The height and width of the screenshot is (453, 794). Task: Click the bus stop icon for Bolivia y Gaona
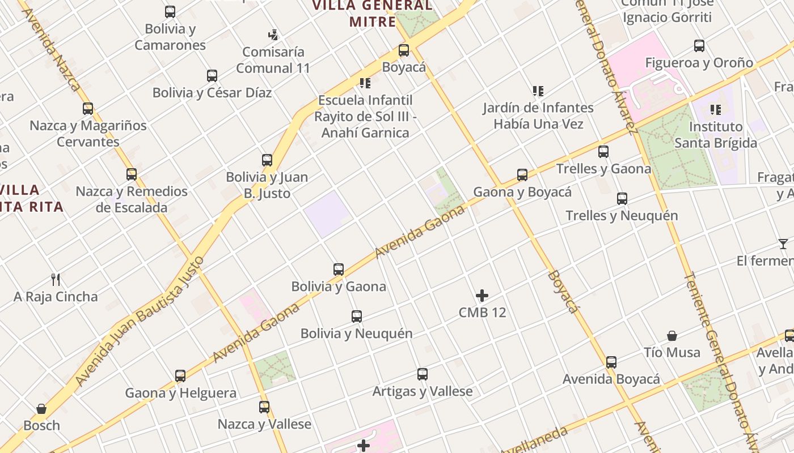339,269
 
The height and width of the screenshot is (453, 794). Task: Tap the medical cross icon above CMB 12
482,296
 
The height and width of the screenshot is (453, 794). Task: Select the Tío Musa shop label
672,352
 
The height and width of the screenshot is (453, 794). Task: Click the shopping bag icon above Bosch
41,409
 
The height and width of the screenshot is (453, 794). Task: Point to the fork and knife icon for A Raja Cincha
56,279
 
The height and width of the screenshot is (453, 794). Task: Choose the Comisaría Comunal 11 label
273,60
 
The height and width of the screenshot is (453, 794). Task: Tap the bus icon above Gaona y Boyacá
522,175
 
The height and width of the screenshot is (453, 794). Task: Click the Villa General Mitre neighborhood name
373,14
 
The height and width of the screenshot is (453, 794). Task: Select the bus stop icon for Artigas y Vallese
423,374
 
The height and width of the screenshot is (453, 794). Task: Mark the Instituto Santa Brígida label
716,135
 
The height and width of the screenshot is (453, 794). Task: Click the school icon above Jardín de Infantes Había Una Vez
538,91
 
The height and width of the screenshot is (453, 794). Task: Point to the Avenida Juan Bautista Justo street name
140,321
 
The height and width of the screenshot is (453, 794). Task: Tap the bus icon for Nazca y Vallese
264,407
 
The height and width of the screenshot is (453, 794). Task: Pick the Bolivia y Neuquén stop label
357,334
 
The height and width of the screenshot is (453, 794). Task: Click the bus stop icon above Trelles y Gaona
603,151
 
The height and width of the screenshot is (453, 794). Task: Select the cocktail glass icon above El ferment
783,244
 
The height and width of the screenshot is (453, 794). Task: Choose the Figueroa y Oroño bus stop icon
699,46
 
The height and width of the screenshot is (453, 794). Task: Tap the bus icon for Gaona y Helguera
180,375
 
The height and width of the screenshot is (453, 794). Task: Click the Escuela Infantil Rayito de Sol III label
365,117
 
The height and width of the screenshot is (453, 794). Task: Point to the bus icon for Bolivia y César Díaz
212,75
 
